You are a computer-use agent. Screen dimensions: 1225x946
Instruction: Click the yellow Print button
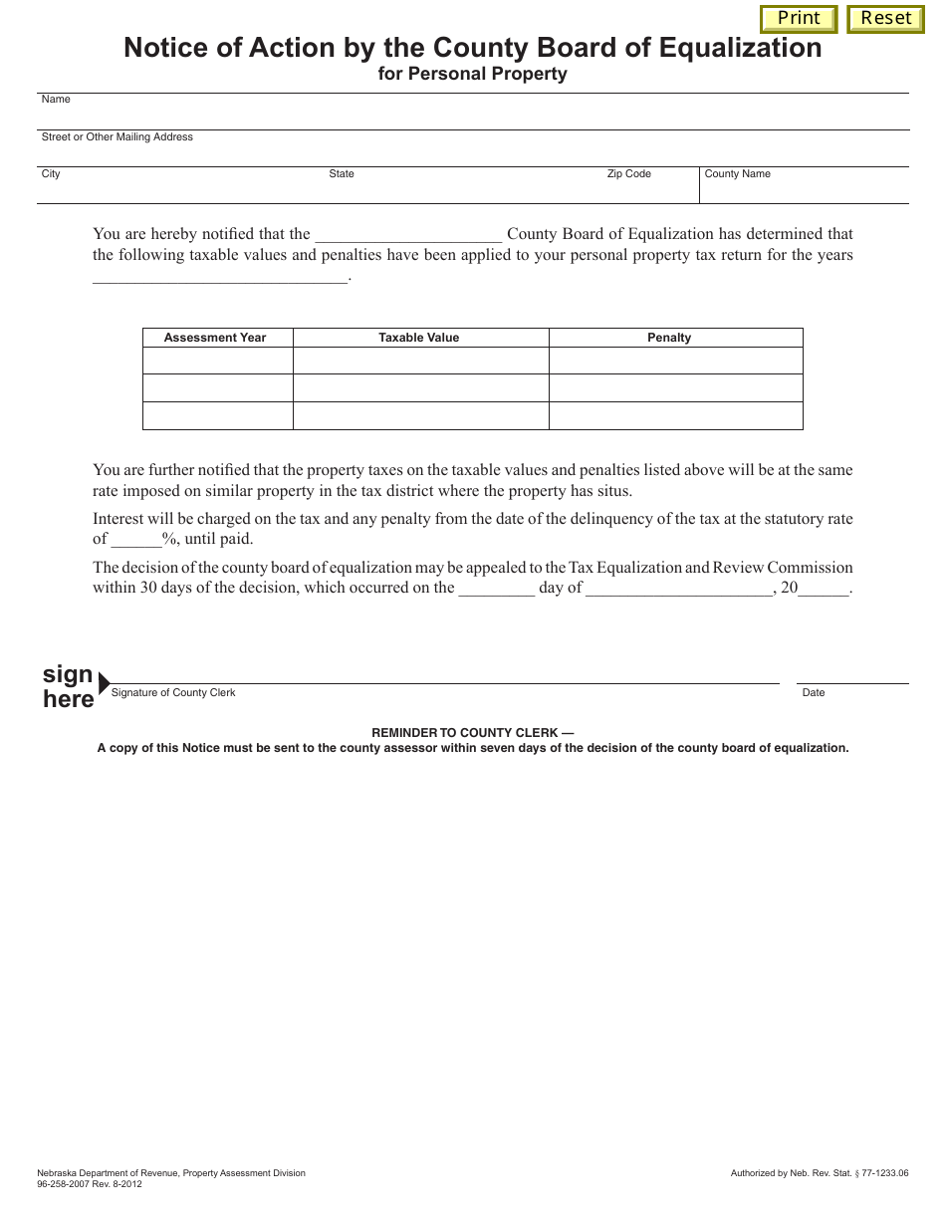pyautogui.click(x=799, y=19)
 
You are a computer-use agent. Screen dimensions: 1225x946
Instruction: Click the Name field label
pyautogui.click(x=56, y=100)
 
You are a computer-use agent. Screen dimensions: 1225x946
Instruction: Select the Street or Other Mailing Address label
pyautogui.click(x=117, y=137)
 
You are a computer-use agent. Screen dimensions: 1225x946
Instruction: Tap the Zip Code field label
pyautogui.click(x=628, y=174)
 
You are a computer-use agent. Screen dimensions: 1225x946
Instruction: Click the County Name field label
pyautogui.click(x=737, y=174)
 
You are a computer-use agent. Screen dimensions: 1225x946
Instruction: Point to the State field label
pyautogui.click(x=342, y=174)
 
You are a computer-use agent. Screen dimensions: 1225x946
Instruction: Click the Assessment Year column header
pyautogui.click(x=215, y=338)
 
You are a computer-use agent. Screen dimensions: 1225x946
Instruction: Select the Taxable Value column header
pyautogui.click(x=419, y=338)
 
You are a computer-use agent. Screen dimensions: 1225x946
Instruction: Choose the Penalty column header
pyautogui.click(x=669, y=338)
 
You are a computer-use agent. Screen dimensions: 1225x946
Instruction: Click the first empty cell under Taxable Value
pyautogui.click(x=420, y=361)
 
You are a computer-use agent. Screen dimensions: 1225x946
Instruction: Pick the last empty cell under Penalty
pyautogui.click(x=675, y=416)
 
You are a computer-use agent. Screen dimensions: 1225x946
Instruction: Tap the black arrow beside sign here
pyautogui.click(x=105, y=684)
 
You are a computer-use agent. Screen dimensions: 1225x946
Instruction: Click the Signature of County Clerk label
pyautogui.click(x=173, y=693)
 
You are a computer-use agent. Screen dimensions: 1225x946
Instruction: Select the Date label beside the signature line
pyautogui.click(x=814, y=693)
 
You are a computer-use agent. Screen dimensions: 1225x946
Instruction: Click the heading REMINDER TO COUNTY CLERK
pyautogui.click(x=472, y=733)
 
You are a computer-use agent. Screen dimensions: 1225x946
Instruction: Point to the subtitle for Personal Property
pyautogui.click(x=472, y=74)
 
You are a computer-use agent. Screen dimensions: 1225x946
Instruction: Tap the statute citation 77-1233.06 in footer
pyautogui.click(x=881, y=1174)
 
